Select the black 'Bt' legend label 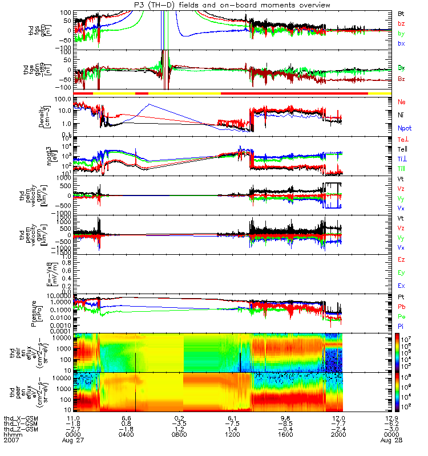point(401,13)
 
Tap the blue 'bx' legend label point(401,43)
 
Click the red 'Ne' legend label point(401,101)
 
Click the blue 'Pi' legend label point(402,327)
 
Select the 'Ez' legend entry point(402,259)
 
